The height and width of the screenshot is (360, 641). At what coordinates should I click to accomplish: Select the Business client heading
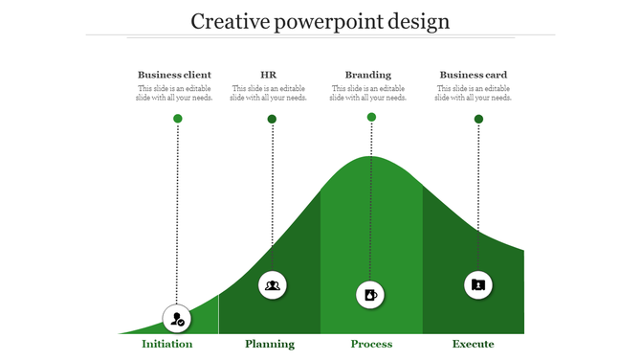(x=174, y=75)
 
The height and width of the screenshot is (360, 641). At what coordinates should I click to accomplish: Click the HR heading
(x=269, y=75)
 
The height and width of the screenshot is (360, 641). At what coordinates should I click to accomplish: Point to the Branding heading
(x=368, y=75)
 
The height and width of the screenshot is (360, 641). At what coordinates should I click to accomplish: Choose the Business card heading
(x=473, y=75)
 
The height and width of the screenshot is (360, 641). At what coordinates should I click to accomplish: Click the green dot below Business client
(x=177, y=119)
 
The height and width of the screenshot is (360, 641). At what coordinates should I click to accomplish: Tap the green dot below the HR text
(x=272, y=120)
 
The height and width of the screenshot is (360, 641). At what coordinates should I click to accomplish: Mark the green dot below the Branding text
(x=371, y=118)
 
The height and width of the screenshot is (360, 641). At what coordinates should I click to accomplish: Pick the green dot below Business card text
(x=478, y=120)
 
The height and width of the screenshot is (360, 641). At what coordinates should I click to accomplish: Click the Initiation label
(x=167, y=344)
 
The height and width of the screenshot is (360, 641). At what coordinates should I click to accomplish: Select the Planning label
(x=270, y=344)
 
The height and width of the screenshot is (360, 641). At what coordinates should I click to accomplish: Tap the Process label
(x=371, y=344)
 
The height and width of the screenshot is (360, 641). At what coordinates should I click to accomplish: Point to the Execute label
(x=474, y=344)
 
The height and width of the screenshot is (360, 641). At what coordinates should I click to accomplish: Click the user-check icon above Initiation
(x=177, y=319)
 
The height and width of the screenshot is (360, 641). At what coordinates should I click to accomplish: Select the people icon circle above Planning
(x=273, y=285)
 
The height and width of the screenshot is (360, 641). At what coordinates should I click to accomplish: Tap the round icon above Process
(x=371, y=295)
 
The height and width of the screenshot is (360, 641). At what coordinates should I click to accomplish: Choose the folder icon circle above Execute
(x=478, y=284)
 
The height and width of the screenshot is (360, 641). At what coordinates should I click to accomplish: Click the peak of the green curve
(x=372, y=159)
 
